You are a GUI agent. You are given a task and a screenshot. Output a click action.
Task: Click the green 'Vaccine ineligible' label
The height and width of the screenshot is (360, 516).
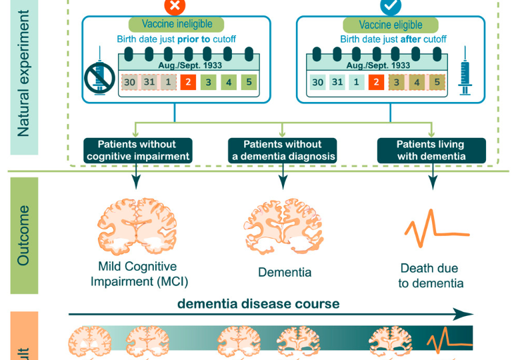(177, 25)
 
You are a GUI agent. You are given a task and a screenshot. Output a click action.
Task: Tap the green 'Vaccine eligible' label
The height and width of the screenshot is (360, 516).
(391, 25)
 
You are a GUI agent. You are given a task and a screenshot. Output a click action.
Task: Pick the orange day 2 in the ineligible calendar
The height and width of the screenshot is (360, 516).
(189, 83)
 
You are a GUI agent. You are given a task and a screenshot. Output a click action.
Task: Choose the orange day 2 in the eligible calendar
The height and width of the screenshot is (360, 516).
(377, 83)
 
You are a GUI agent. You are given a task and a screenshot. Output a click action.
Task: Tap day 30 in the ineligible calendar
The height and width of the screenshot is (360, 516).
(130, 83)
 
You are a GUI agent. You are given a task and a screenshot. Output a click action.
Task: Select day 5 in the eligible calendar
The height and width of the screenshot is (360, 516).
(437, 83)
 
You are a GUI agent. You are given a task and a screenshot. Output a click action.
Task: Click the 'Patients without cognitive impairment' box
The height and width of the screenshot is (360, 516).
(138, 150)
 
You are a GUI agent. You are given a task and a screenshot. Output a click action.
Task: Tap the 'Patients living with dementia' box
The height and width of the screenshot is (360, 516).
(430, 150)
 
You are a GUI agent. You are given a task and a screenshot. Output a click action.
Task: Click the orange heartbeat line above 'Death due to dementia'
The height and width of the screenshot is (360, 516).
(427, 231)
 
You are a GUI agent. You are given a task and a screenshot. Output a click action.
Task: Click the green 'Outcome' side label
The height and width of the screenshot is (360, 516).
(23, 235)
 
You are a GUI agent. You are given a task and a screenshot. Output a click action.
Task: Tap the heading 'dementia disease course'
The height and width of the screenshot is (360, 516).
(258, 304)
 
